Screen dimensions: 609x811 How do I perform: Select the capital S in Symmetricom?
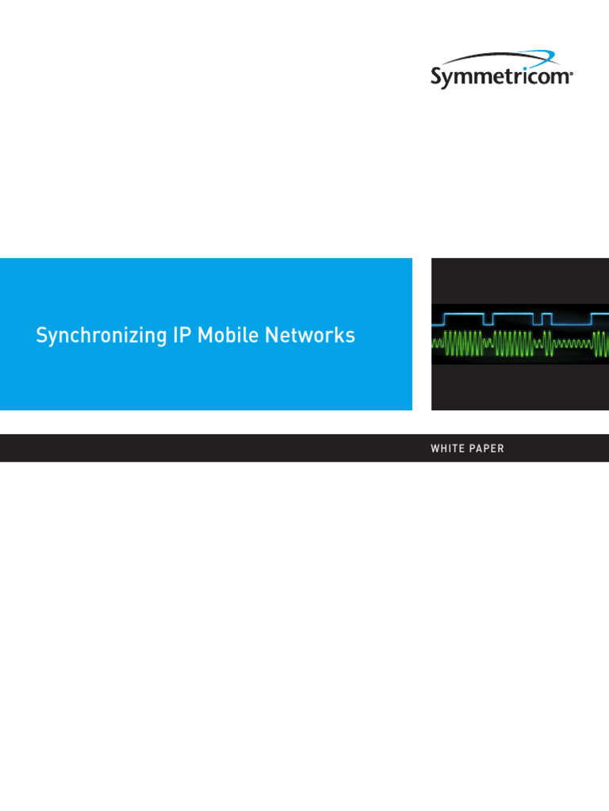point(437,77)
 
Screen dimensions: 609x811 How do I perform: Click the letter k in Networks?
point(339,335)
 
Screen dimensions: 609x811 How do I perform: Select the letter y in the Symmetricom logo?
point(449,79)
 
